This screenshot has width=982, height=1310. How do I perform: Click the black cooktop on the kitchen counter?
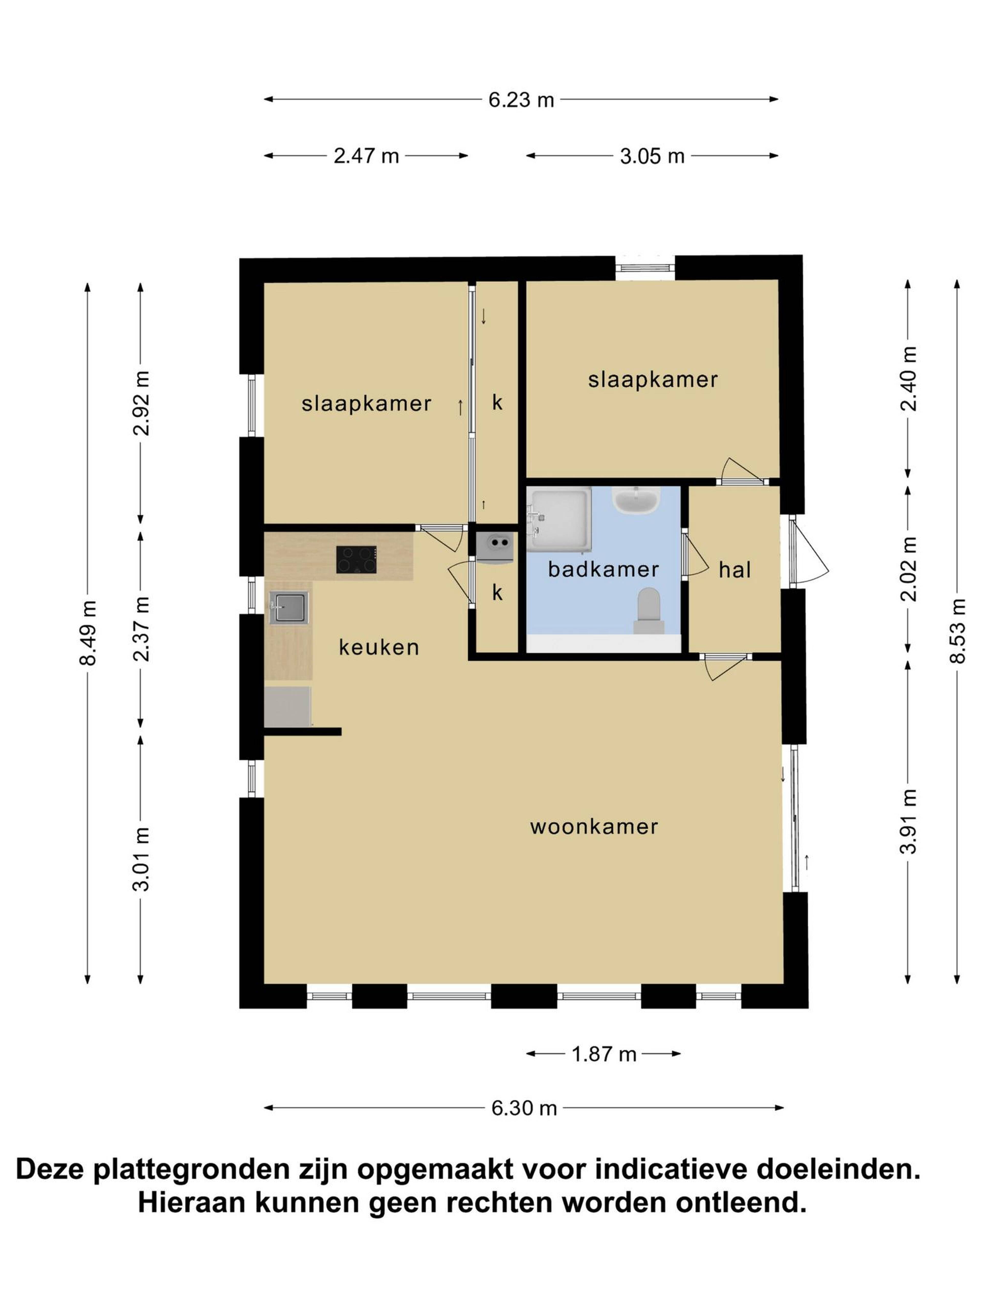pyautogui.click(x=356, y=559)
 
